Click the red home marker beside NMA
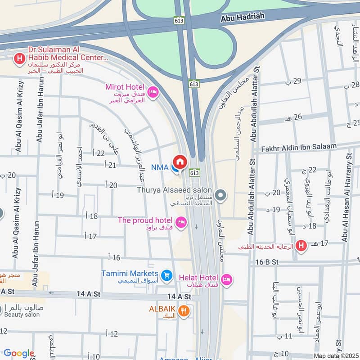point(180,162)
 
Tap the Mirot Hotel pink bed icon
point(153,92)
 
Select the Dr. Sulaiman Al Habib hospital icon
point(19,58)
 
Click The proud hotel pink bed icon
point(181,222)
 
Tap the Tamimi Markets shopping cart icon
point(166,274)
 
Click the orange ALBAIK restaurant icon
point(184,310)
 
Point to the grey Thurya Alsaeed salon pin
point(220,195)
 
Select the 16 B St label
point(267,262)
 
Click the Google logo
point(19,353)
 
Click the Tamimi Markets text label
point(130,273)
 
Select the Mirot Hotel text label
point(125,87)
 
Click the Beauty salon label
point(22,314)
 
